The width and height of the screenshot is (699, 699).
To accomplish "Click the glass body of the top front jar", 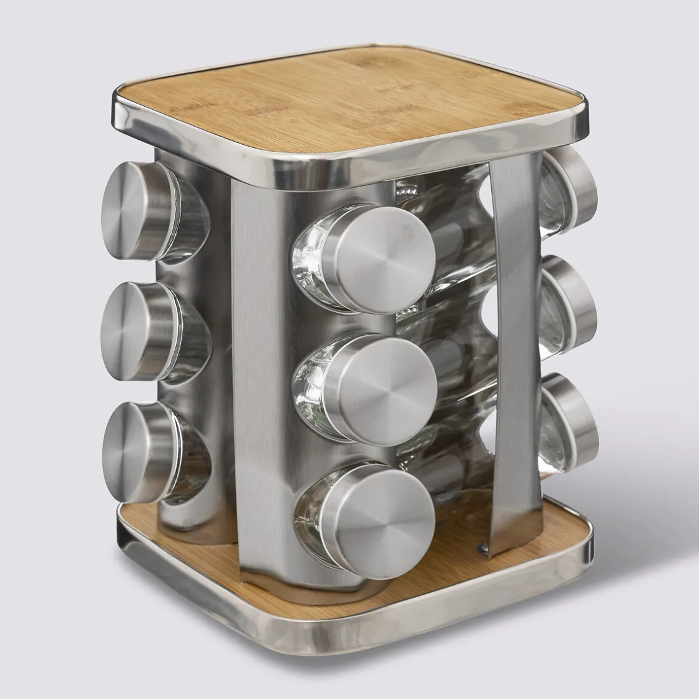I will click(x=312, y=262).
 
